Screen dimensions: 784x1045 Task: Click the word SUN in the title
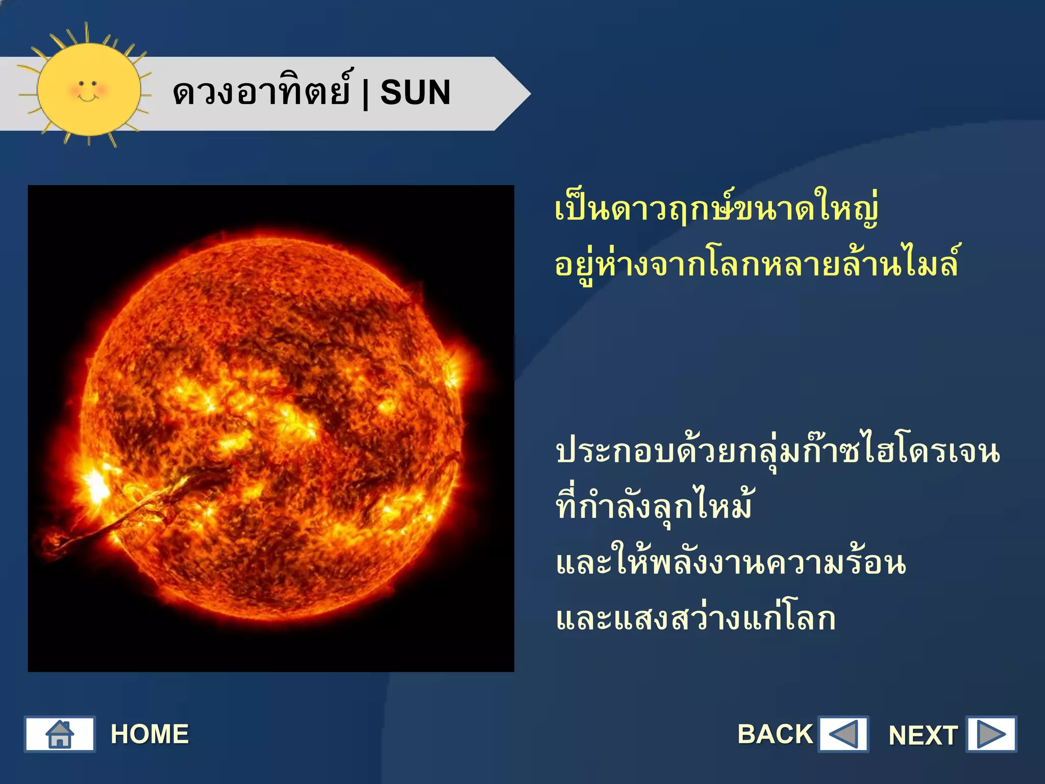[415, 93]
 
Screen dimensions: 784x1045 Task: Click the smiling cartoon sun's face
[88, 90]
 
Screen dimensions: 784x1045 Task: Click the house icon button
[60, 734]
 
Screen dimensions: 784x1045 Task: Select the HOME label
[150, 734]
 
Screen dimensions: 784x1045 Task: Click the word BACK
[775, 734]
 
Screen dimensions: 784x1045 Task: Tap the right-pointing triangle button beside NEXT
[991, 734]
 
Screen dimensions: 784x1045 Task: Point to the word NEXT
[923, 736]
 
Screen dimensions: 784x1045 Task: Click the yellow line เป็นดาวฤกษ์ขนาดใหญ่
[716, 210]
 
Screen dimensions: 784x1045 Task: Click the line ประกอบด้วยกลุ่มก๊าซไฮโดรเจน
[778, 452]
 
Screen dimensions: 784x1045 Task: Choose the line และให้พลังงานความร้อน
[731, 562]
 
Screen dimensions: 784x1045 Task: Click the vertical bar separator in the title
[365, 94]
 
